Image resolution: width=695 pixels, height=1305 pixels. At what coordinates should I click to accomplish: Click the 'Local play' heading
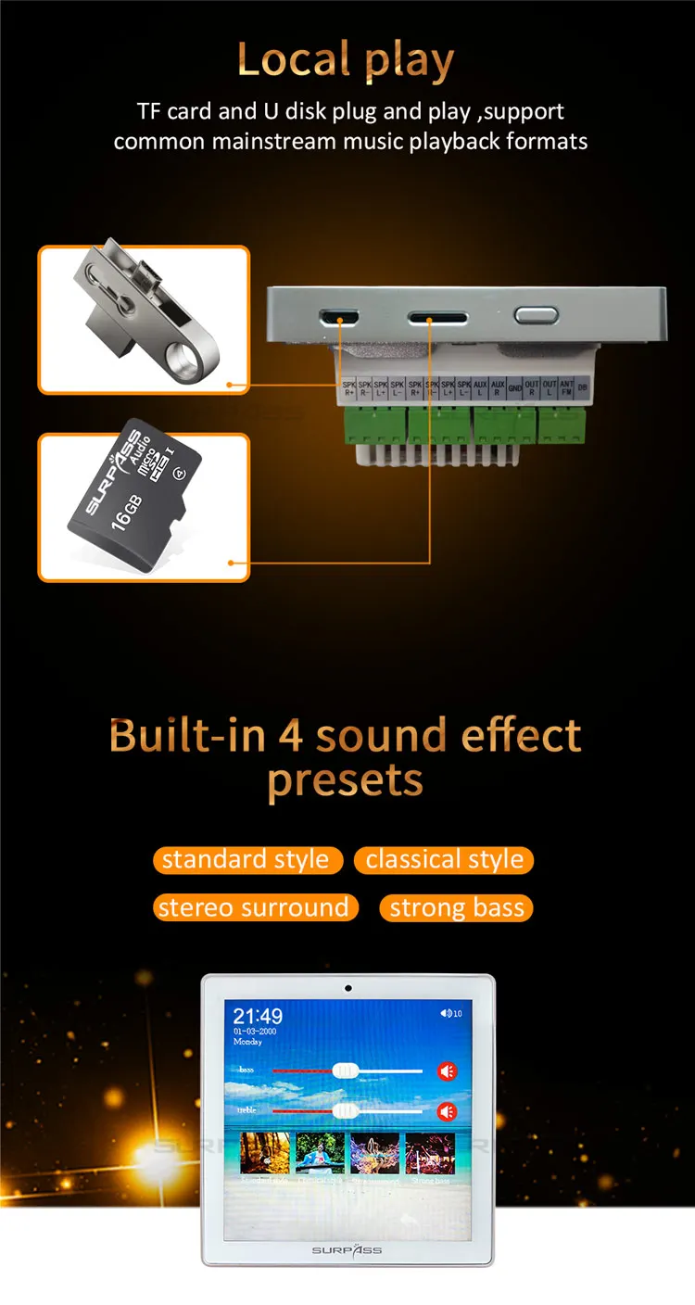pos(346,60)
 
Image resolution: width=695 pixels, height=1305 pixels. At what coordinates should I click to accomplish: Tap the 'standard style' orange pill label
pos(246,859)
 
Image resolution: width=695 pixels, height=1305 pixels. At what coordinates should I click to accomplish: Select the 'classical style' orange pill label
pos(444,859)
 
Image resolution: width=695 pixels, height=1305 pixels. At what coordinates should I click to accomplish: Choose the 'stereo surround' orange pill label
pos(254,907)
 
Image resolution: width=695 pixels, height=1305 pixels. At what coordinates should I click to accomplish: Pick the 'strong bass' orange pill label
pos(457,908)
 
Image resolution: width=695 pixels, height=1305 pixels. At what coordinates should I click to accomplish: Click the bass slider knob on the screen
pos(345,1071)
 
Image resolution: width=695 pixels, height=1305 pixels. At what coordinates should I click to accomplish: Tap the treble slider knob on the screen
pos(345,1110)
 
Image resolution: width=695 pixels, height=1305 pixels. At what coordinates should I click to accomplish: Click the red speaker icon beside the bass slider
pos(448,1071)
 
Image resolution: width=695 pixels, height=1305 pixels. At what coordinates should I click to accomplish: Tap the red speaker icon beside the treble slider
pos(448,1111)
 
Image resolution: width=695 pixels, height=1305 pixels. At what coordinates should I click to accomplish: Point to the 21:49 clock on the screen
pos(258,1017)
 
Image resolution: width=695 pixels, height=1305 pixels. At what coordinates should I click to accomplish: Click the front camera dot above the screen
pos(347,987)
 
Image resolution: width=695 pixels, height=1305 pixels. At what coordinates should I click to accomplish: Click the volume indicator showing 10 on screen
pos(451,1013)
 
